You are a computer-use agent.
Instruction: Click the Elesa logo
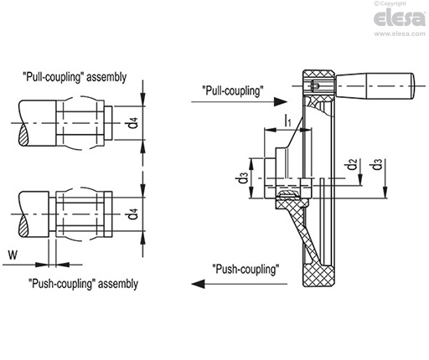click(x=400, y=18)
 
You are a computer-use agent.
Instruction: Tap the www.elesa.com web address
click(x=400, y=33)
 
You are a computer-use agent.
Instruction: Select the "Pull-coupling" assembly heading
click(x=75, y=77)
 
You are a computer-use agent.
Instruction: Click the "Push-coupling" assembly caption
click(x=83, y=284)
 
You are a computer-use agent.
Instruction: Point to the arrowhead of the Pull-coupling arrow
click(x=281, y=102)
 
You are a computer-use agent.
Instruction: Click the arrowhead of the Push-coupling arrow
click(x=198, y=284)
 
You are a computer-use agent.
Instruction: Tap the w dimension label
click(x=13, y=255)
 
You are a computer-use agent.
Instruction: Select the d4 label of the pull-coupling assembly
click(x=133, y=123)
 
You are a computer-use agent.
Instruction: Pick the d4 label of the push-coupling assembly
click(x=132, y=213)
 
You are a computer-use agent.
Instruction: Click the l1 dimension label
click(x=287, y=121)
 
